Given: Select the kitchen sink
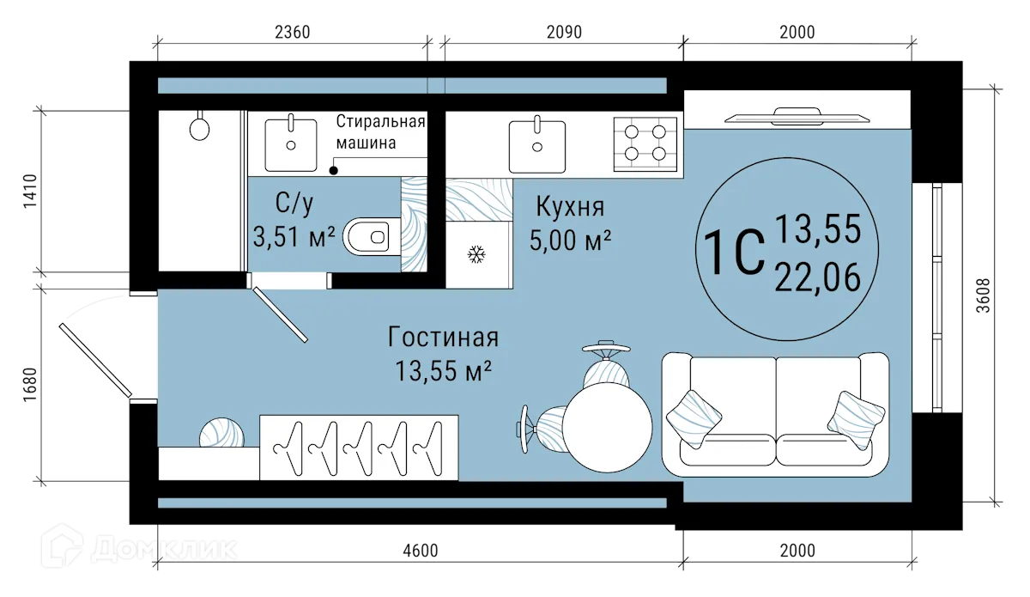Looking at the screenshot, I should pos(536,145).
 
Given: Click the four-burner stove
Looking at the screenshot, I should pos(645,142).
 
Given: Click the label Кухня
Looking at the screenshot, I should pos(570,207).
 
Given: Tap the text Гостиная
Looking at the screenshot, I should pos(442,336).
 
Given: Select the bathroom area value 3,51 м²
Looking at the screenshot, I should pos(294,236).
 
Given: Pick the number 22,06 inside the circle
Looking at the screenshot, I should pos(817,278).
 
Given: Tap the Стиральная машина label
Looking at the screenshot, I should pos(379,131).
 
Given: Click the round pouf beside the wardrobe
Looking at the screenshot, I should pos(221,434).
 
